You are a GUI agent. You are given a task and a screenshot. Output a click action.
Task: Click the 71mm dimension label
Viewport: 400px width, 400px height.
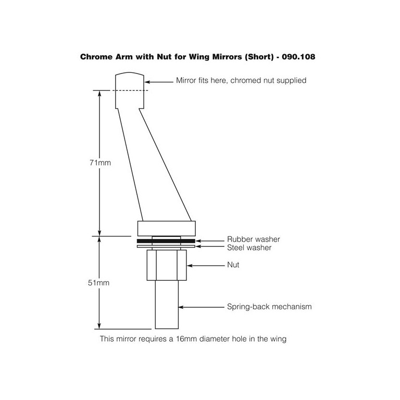point(100,162)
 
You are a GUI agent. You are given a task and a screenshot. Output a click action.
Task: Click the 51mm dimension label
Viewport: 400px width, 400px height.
point(98,283)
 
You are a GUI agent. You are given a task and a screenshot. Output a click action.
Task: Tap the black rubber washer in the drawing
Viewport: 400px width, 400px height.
point(166,241)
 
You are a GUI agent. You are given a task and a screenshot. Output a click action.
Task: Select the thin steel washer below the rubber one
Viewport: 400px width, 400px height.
point(166,246)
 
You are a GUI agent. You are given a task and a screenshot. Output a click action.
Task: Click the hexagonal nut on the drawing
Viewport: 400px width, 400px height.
point(167,265)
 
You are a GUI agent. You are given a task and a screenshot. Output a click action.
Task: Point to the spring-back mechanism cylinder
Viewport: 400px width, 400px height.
point(167,305)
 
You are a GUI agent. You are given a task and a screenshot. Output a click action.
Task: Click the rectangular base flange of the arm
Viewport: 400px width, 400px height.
point(167,228)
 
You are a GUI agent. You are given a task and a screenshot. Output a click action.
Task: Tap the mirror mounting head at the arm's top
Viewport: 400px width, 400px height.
point(130,90)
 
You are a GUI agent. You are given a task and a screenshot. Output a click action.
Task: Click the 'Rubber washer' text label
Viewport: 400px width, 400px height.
point(253,239)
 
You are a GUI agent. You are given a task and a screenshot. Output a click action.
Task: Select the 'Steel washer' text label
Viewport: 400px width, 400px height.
point(249,248)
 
